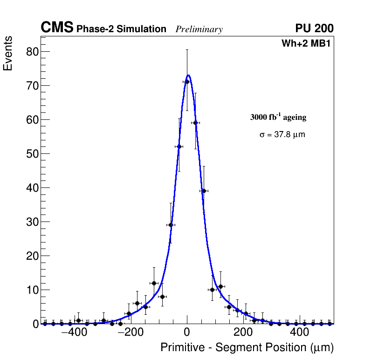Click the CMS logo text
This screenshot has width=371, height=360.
pyautogui.click(x=57, y=28)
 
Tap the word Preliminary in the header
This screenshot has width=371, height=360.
pyautogui.click(x=199, y=30)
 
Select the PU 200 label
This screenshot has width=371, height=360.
pyautogui.click(x=314, y=28)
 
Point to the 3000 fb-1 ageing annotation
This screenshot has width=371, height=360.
pyautogui.click(x=278, y=117)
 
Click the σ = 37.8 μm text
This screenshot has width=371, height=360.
pyautogui.click(x=282, y=135)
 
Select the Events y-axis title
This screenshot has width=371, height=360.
pyautogui.click(x=8, y=54)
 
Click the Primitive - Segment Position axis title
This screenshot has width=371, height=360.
pyautogui.click(x=247, y=348)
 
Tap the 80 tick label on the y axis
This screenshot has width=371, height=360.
pyautogui.click(x=32, y=51)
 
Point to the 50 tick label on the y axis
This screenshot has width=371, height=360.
pyautogui.click(x=32, y=153)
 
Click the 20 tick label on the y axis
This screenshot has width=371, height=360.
pyautogui.click(x=32, y=256)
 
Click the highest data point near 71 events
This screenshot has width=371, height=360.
pyautogui.click(x=187, y=82)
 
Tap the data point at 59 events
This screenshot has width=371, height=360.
pyautogui.click(x=195, y=123)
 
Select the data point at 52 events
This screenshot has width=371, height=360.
pyautogui.click(x=179, y=146)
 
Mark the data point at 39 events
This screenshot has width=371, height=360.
pyautogui.click(x=204, y=191)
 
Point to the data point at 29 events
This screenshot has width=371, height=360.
pyautogui.click(x=171, y=225)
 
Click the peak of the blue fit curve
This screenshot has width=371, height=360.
pyautogui.click(x=188, y=75)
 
